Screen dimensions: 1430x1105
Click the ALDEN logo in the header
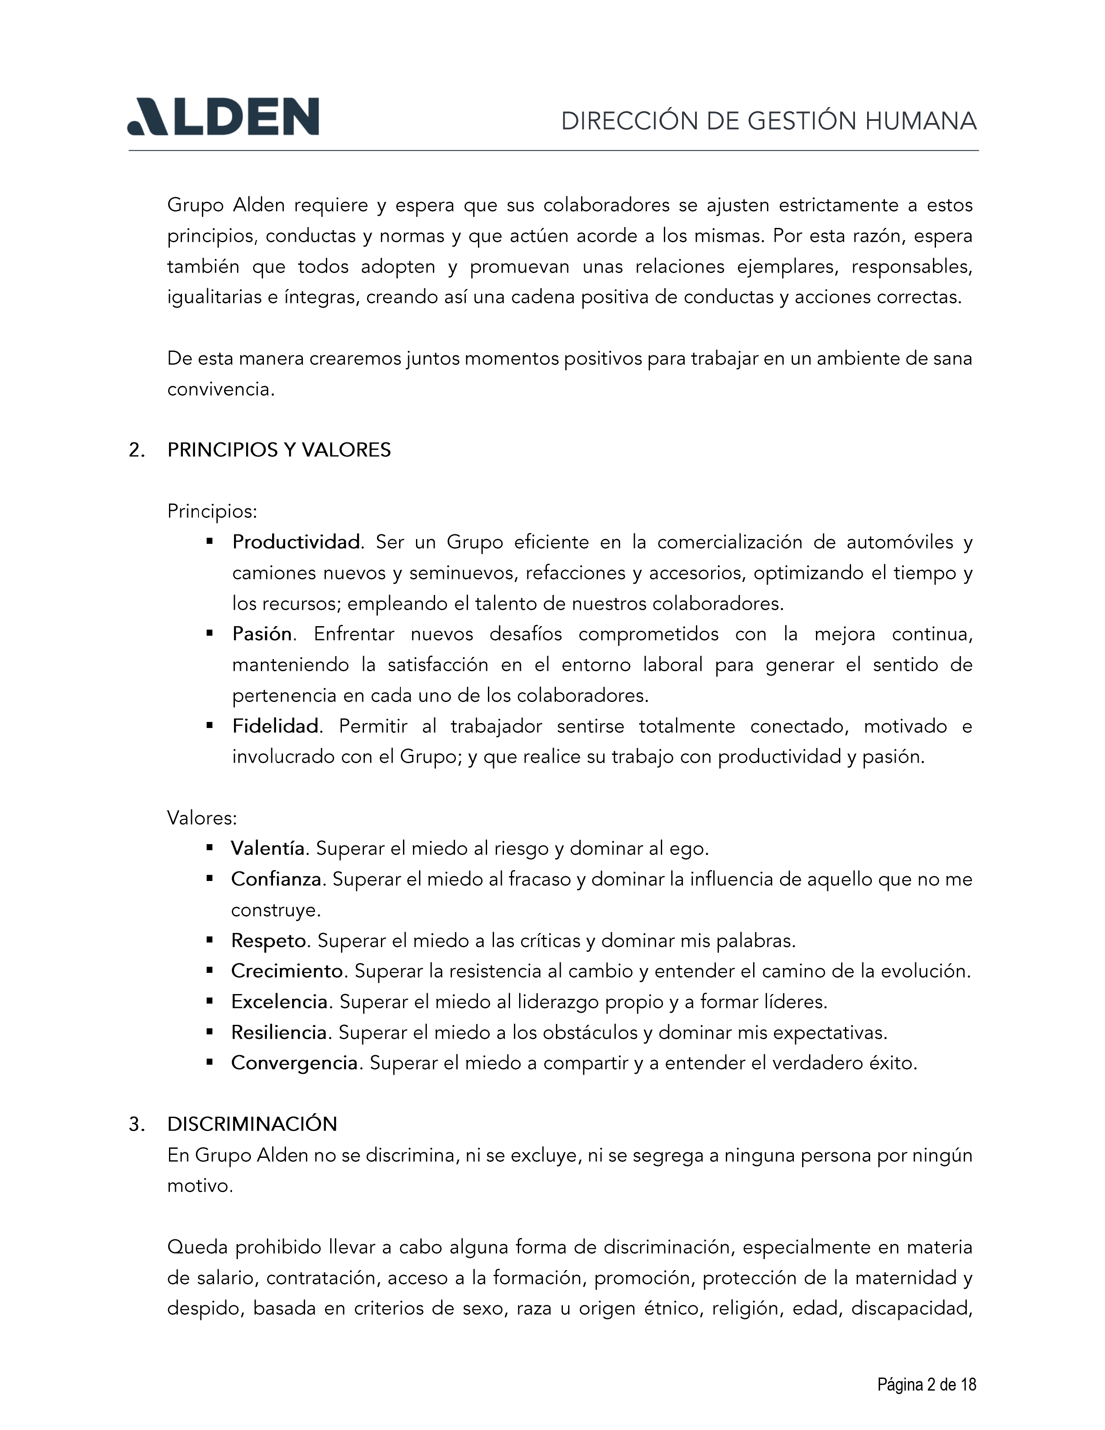point(223,117)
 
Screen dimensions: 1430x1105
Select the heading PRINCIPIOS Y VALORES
point(279,451)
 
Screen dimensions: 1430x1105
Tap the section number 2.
point(136,451)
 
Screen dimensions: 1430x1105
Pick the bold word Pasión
point(262,634)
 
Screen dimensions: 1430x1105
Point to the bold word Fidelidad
point(276,726)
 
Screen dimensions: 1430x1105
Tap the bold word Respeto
point(268,941)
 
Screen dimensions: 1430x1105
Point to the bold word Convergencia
point(294,1063)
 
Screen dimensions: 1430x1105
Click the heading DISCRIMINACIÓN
point(252,1124)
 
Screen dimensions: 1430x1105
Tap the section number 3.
point(136,1124)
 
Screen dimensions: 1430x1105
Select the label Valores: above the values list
point(201,818)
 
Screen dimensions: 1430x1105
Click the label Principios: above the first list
point(212,511)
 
